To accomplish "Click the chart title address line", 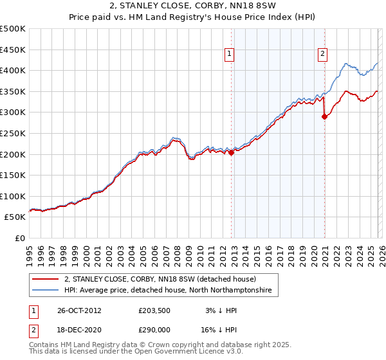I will point(192,6).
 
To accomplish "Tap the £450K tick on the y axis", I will point(13,50).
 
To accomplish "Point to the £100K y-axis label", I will point(13,196).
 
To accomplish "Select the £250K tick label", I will point(13,133).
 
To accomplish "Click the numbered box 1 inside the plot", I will point(230,55).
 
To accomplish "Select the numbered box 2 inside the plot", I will point(322,55).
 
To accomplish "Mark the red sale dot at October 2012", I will point(231,152).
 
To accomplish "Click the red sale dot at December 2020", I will point(324,116).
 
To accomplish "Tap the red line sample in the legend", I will point(47,280).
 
